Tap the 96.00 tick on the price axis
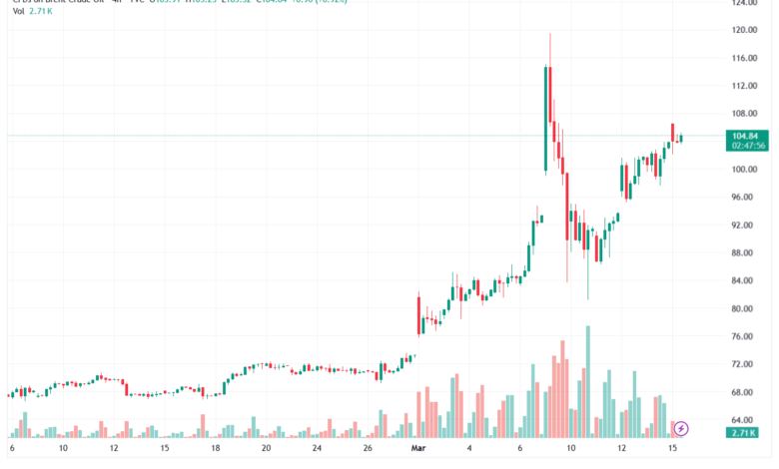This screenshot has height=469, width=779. coord(744,198)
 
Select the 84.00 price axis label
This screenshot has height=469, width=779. coord(744,281)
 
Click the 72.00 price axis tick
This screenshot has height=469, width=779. coord(744,365)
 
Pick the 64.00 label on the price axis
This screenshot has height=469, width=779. coord(744,421)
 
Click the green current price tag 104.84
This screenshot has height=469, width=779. coord(748,135)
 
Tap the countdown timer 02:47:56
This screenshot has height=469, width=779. coord(748,146)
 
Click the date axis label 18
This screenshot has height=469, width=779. coord(216,450)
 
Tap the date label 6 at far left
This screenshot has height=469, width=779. coord(12,450)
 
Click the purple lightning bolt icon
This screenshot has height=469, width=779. coord(682,429)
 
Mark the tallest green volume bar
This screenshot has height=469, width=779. coord(588,381)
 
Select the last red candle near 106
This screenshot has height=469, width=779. coord(673,132)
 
